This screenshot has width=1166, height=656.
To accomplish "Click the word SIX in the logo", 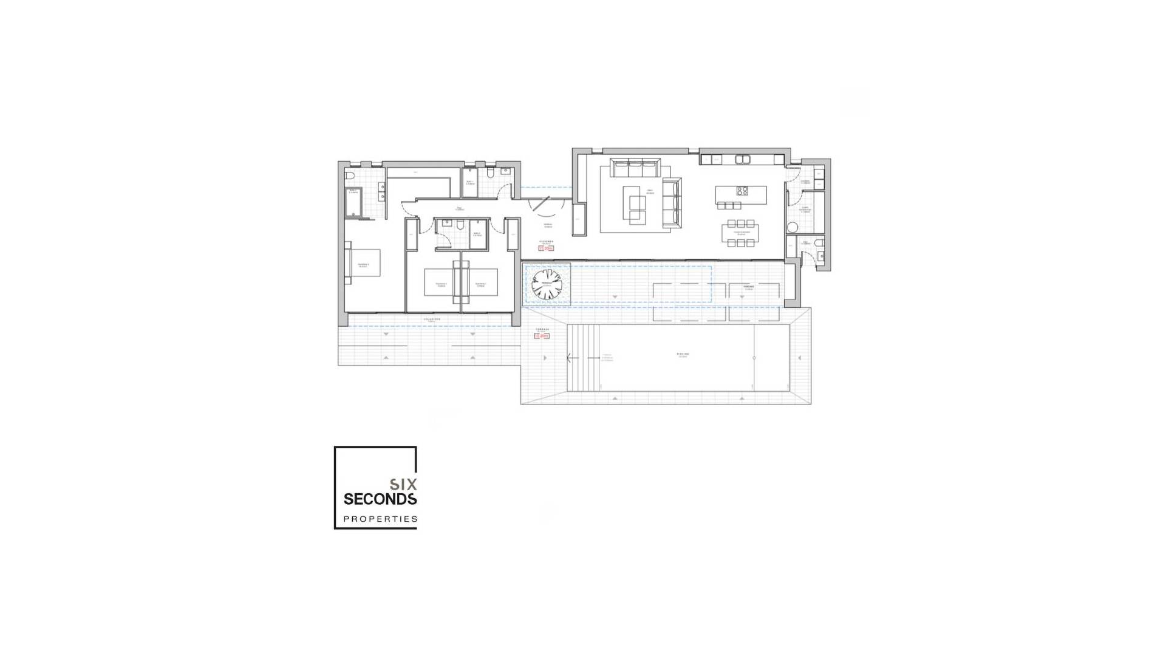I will coord(403,484).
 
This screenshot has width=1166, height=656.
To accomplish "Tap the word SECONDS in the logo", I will coord(380,499).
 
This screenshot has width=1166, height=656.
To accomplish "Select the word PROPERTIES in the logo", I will coord(380,519).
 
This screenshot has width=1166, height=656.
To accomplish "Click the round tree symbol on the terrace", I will coord(547,285).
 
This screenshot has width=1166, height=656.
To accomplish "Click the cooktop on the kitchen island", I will coord(742,191).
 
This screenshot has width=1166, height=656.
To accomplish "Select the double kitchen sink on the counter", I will coord(742,159).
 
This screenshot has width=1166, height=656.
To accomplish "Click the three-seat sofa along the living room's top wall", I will coord(635,166).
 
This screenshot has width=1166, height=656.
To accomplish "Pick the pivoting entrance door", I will coord(540,204).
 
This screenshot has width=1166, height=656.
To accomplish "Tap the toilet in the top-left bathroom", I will coord(350,176).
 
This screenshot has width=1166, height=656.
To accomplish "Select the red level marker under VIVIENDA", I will coord(546,248).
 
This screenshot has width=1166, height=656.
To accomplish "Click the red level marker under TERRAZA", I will coord(542,335).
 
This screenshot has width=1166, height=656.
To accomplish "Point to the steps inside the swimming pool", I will coord(583,358).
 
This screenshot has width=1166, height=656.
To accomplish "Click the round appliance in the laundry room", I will coord(792,227).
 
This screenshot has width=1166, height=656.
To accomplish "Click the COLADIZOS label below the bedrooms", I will coord(432,319).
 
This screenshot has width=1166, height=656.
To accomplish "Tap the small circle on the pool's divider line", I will coord(754,358).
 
